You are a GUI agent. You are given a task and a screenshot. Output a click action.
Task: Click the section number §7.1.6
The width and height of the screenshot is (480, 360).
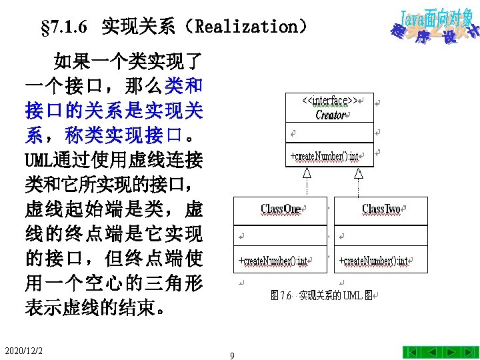click(x=64, y=27)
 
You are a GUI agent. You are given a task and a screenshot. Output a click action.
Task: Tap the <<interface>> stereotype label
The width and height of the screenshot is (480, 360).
click(x=330, y=101)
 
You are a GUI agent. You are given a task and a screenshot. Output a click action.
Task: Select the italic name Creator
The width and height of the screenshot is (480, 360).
click(x=330, y=115)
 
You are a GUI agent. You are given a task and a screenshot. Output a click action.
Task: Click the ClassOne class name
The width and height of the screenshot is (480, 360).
click(x=281, y=209)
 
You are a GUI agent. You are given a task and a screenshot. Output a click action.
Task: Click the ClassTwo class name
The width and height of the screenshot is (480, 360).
click(x=381, y=209)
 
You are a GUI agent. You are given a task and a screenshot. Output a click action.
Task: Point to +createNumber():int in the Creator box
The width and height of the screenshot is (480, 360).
click(x=325, y=156)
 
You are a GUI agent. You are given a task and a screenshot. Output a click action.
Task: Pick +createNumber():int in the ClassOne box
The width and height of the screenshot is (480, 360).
click(x=273, y=261)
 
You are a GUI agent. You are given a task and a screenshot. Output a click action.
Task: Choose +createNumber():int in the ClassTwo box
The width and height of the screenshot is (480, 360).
click(x=373, y=261)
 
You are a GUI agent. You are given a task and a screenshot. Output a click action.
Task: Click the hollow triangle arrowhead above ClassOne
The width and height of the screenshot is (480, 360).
click(x=307, y=173)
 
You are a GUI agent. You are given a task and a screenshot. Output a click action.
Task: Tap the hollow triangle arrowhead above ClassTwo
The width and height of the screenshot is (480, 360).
click(x=359, y=173)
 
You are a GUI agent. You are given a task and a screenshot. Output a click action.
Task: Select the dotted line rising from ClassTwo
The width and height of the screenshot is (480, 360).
click(x=359, y=187)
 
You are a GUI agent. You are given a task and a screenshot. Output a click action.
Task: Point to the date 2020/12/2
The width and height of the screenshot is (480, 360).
click(x=23, y=351)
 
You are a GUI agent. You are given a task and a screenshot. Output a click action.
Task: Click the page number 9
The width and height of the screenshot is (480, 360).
click(x=232, y=355)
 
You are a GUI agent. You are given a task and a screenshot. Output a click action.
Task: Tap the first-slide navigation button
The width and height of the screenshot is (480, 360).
click(x=412, y=353)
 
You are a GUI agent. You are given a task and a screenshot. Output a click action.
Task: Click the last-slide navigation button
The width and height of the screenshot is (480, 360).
click(x=469, y=353)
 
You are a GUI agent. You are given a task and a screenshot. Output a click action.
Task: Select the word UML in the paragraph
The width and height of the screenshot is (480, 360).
click(x=39, y=160)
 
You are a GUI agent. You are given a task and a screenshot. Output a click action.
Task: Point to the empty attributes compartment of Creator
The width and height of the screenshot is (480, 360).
click(x=330, y=133)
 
